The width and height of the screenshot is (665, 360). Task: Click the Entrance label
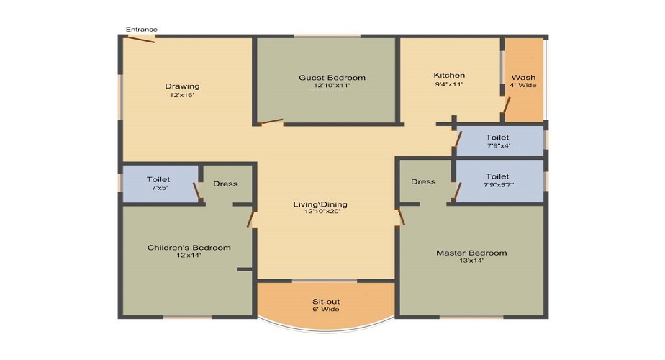[142, 30]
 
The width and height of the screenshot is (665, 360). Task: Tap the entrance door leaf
[141, 40]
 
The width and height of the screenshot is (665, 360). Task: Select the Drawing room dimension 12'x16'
[182, 95]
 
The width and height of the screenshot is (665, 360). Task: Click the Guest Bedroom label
[332, 78]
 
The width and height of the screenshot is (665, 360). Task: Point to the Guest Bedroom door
[272, 122]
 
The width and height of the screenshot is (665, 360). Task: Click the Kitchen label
[449, 75]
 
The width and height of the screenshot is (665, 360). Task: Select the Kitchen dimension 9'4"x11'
[449, 84]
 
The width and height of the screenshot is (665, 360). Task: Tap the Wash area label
[523, 77]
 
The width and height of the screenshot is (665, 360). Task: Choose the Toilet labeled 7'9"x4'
[497, 137]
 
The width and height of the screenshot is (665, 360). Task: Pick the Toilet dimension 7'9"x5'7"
[499, 185]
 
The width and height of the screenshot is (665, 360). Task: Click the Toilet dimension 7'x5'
[159, 188]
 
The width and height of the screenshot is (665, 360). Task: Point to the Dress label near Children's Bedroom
[225, 184]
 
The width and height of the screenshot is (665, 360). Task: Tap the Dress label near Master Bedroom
[423, 181]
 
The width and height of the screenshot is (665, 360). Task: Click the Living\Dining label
[320, 204]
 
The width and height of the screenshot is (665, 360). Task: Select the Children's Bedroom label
[189, 248]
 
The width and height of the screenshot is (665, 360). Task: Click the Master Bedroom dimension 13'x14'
[471, 261]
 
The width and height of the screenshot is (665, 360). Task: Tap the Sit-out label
[326, 302]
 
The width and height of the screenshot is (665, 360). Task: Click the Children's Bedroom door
[250, 219]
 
